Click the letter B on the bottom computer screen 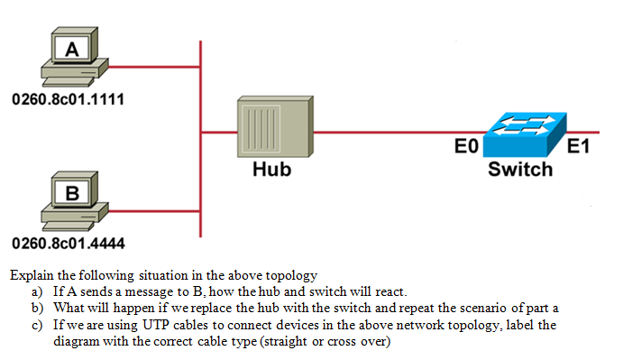pyautogui.click(x=71, y=192)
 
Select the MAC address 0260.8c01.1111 pyautogui.click(x=68, y=97)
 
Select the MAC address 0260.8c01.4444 pyautogui.click(x=68, y=242)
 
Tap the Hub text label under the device pyautogui.click(x=271, y=169)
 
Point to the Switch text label pyautogui.click(x=520, y=170)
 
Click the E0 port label pyautogui.click(x=467, y=149)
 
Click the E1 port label pyautogui.click(x=578, y=149)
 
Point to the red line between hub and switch pyautogui.click(x=388, y=132)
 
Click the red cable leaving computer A pyautogui.click(x=153, y=66)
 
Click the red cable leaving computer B pyautogui.click(x=153, y=208)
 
